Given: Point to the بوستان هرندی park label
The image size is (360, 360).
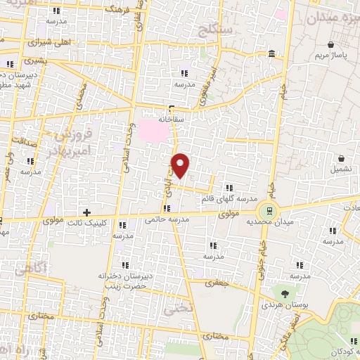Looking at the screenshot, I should click(285, 306).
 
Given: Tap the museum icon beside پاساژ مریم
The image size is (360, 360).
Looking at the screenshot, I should click(271, 54).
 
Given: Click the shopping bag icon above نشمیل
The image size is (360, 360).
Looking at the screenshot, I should click(340, 158).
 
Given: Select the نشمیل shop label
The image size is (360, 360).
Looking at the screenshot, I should click(340, 170).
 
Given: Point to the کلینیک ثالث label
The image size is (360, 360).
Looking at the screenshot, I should click(85, 223).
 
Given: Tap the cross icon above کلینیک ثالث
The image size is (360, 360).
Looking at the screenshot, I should click(86, 212).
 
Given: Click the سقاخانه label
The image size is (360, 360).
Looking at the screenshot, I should click(172, 119).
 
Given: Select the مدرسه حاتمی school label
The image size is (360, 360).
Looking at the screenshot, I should click(168, 219).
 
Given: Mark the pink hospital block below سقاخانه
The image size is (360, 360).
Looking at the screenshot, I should click(150, 129).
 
